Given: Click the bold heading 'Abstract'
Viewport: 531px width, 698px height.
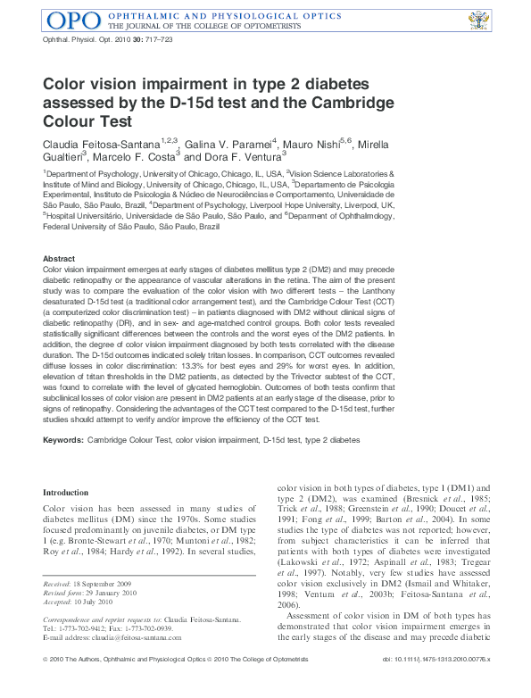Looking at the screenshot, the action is click(59, 258).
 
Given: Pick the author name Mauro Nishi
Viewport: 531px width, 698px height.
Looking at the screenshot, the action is click(318, 144).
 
